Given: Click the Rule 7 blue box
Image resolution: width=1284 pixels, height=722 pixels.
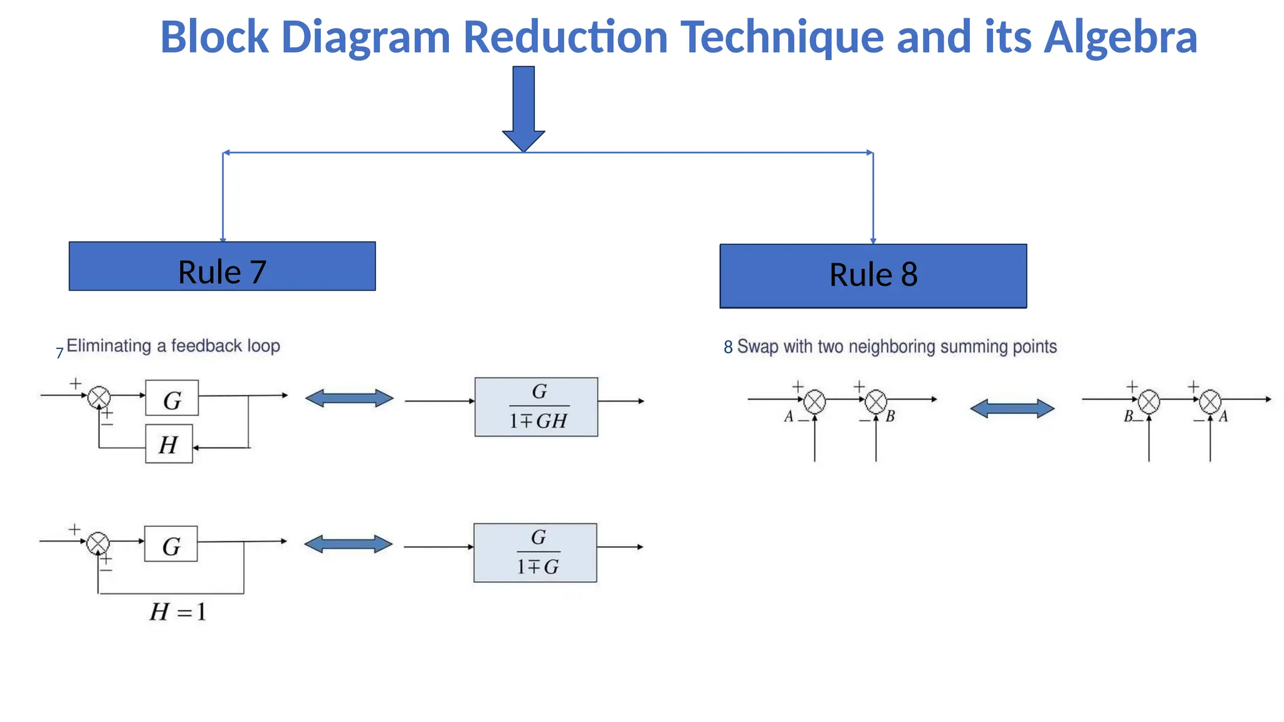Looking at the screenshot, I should [222, 266].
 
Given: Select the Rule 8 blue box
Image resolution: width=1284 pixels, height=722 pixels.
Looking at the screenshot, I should [873, 276].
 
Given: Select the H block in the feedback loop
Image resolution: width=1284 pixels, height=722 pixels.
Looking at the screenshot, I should [169, 444].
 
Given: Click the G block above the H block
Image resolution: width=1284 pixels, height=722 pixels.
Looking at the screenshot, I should [172, 398].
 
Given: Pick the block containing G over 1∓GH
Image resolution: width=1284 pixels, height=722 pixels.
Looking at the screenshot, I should [536, 407].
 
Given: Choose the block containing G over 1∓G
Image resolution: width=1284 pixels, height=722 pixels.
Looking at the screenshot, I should [535, 553].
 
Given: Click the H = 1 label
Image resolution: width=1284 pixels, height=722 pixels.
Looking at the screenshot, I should [178, 612].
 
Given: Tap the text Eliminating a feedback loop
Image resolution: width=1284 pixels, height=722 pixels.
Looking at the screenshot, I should [173, 346].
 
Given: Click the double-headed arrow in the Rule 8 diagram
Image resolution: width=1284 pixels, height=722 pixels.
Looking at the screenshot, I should [1012, 409].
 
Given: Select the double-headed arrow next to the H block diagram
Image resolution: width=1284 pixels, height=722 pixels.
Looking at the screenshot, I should [349, 398].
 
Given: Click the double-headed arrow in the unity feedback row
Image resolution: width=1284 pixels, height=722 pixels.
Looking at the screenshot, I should [349, 544].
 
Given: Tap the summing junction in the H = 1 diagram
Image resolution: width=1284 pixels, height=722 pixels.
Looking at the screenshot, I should [98, 543].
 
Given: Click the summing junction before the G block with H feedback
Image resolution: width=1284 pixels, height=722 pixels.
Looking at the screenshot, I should [99, 397].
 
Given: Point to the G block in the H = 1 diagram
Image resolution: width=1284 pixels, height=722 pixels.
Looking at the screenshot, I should [171, 544].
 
